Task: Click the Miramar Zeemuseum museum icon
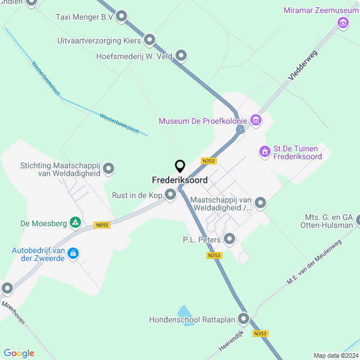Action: (x=343, y=22)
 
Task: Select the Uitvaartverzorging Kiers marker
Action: (x=150, y=40)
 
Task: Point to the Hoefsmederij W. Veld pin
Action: (x=181, y=56)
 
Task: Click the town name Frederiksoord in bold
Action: (x=179, y=180)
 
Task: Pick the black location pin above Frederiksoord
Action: (x=180, y=166)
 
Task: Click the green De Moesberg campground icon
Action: (x=75, y=223)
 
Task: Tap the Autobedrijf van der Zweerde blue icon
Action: (x=73, y=254)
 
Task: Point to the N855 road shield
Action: (x=102, y=225)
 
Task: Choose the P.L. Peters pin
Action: (x=229, y=239)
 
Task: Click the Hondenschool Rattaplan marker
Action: (x=244, y=319)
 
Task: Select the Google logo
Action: (x=19, y=353)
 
